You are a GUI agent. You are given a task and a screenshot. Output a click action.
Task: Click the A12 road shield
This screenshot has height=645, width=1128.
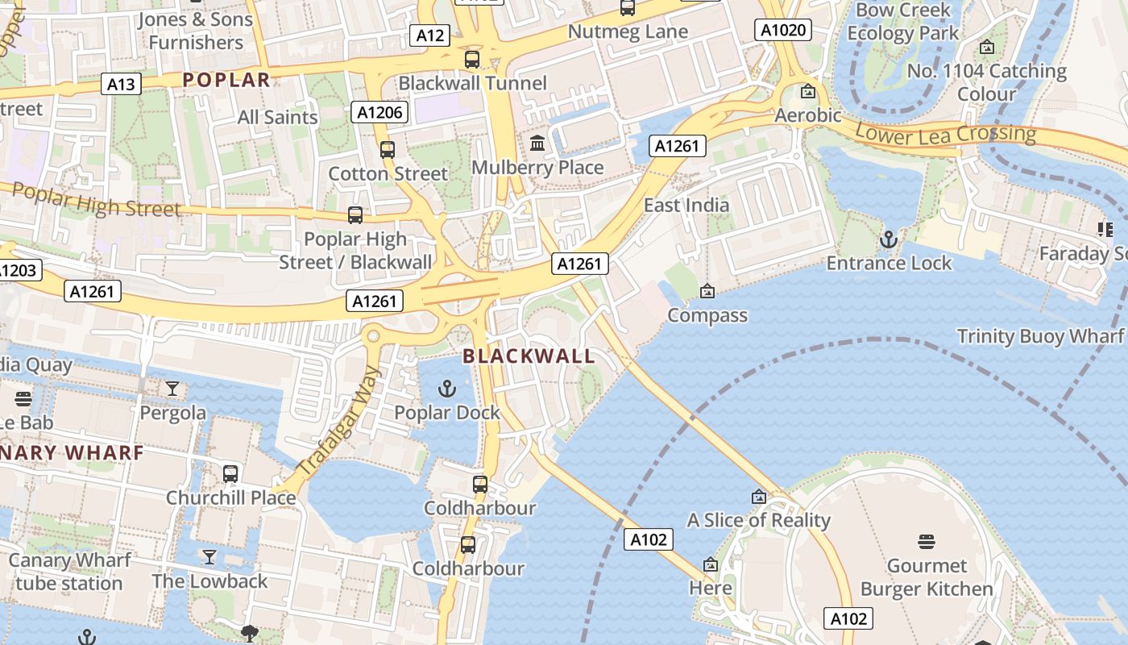(x=430, y=35)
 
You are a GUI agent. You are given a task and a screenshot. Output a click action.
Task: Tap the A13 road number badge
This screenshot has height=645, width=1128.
(x=122, y=84)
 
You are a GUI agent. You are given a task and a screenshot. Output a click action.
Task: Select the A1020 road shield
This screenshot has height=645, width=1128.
(x=783, y=30)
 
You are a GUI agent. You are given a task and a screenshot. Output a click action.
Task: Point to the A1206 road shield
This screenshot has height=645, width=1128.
(x=379, y=112)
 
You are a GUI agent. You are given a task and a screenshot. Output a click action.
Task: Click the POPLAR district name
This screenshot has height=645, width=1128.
(x=226, y=80)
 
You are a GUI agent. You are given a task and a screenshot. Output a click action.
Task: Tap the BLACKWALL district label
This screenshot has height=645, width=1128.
(x=529, y=356)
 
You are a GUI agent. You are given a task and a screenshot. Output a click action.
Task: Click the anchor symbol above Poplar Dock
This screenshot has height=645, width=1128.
(x=446, y=389)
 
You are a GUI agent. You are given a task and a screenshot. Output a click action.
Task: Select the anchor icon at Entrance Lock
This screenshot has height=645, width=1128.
(x=888, y=239)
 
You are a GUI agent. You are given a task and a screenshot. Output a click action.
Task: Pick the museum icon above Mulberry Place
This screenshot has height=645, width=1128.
(x=537, y=144)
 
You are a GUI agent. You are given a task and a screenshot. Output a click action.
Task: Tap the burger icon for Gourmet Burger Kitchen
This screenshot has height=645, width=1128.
(x=926, y=541)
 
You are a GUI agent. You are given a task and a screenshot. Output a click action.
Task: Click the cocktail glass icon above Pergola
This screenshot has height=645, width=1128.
(x=172, y=389)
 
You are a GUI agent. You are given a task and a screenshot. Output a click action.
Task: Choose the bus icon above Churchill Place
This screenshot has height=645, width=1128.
(x=230, y=473)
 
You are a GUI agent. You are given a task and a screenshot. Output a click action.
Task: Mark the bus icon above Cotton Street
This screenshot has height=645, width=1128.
(x=388, y=149)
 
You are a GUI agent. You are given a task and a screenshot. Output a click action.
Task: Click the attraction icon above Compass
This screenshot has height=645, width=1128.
(x=707, y=290)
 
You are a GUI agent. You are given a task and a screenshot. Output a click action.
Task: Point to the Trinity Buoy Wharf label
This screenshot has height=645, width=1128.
(x=1039, y=336)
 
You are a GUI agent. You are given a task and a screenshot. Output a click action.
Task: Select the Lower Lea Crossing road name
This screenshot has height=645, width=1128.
(x=945, y=133)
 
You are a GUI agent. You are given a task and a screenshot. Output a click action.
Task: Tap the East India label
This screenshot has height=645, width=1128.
(x=686, y=205)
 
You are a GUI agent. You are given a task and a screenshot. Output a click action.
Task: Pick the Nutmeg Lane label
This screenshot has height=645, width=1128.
(x=628, y=31)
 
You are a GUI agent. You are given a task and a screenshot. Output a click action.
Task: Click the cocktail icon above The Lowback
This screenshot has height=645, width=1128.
(x=209, y=556)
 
